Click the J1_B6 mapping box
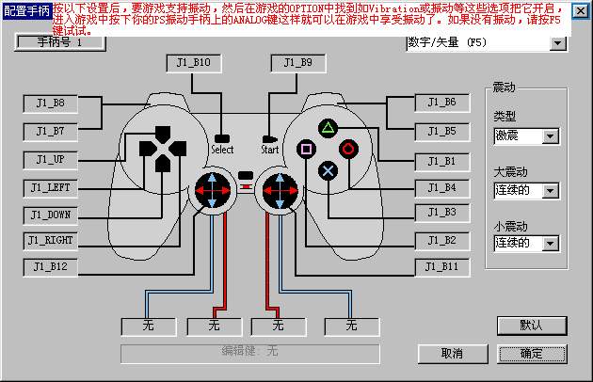pos(442,103)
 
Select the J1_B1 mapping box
pos(442,161)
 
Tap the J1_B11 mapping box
pos(442,266)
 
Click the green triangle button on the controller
pos(328,127)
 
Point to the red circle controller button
pos(348,148)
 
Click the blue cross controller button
pos(328,169)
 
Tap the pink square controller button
pos(306,148)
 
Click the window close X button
pos(581,9)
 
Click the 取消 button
pos(452,354)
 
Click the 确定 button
pos(532,354)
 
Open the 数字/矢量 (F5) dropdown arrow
pos(557,43)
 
